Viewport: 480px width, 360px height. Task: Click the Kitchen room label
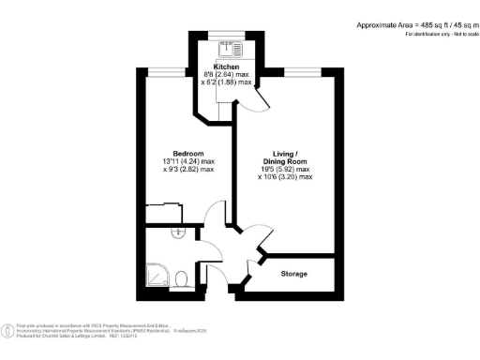point(226,67)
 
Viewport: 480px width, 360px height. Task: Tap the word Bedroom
point(188,154)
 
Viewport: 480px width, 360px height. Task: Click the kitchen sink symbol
point(226,48)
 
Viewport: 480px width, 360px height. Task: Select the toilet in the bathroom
point(184,276)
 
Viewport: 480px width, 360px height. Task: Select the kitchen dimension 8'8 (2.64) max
point(226,75)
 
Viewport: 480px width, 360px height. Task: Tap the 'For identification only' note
point(436,34)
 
